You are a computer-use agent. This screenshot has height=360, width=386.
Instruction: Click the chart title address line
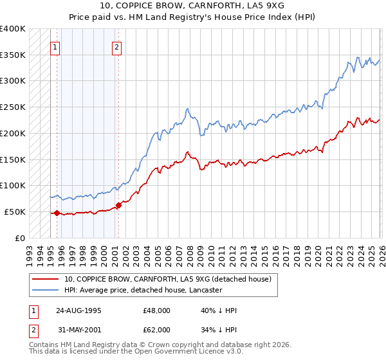[x=192, y=4]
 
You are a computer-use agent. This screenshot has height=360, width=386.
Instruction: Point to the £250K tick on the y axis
[x=13, y=107]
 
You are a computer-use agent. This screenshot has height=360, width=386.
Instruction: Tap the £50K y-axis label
[x=15, y=212]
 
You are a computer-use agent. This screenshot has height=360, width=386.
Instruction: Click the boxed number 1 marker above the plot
[x=55, y=46]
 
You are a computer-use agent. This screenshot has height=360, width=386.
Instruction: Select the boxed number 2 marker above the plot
[x=116, y=46]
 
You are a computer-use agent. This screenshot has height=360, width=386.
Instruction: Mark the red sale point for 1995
[x=57, y=213]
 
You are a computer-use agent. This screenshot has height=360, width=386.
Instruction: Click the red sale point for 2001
[x=118, y=206]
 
